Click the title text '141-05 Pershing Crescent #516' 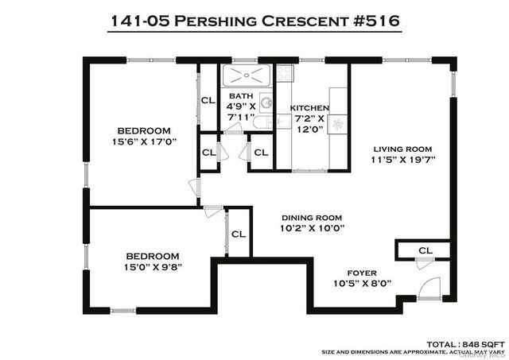[x=254, y=20]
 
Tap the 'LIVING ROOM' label [x=403, y=149]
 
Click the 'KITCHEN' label [x=309, y=108]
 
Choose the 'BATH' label [x=241, y=96]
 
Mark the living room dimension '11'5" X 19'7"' [x=403, y=159]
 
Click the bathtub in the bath [x=247, y=75]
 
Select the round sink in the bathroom [x=265, y=103]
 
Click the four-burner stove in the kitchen [x=285, y=74]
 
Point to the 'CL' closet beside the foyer [x=425, y=250]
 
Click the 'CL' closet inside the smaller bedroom [x=238, y=234]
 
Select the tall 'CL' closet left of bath [x=208, y=100]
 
